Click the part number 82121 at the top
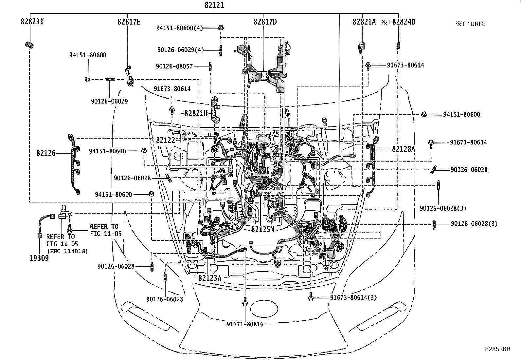[214, 6]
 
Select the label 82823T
[32, 22]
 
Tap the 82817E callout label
[129, 22]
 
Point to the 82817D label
[265, 22]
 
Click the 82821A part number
[364, 22]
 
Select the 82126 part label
[46, 153]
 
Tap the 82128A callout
[403, 149]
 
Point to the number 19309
[39, 258]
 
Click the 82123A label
[210, 278]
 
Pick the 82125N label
[263, 229]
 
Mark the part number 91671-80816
[245, 324]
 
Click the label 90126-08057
[174, 66]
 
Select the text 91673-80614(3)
[353, 298]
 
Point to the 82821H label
[196, 113]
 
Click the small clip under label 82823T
[29, 45]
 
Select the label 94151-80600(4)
[179, 28]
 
